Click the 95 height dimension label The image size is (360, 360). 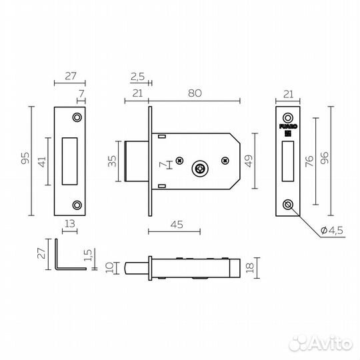click(x=25, y=158)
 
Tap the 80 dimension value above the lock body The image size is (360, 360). click(x=195, y=93)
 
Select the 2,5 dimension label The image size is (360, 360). click(x=137, y=77)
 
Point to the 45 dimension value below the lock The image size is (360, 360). click(x=177, y=225)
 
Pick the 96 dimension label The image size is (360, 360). click(x=325, y=158)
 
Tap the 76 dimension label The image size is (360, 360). click(x=309, y=161)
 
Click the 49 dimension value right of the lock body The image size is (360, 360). click(x=249, y=161)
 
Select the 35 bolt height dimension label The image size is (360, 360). click(x=112, y=161)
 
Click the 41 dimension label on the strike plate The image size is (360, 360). click(x=42, y=162)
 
